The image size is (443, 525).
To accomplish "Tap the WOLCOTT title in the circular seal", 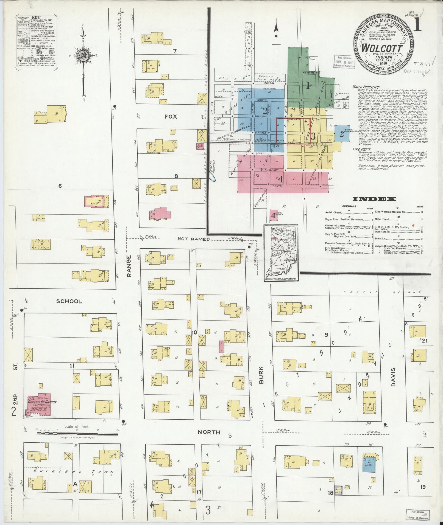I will [x=382, y=47].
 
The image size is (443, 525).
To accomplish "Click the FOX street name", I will [x=171, y=117].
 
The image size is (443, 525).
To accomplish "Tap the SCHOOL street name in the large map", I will [x=69, y=301].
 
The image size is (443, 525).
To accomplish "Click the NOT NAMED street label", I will [x=194, y=239].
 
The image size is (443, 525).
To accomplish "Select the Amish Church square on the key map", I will [x=273, y=215].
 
